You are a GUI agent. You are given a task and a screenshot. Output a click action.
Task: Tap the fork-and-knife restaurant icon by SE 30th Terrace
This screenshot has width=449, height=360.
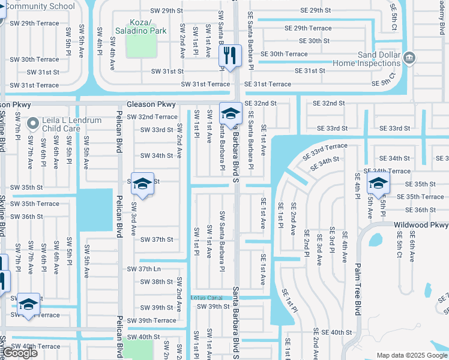click(229, 56)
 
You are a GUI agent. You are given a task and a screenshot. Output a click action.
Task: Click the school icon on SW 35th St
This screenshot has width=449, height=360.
click(142, 184)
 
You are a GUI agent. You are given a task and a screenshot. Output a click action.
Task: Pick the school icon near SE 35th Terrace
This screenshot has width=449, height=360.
click(378, 184)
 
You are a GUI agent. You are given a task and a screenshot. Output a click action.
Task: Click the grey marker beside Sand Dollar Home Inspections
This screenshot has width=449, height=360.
click(409, 58)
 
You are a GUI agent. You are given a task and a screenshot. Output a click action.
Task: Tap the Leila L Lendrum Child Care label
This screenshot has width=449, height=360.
click(69, 124)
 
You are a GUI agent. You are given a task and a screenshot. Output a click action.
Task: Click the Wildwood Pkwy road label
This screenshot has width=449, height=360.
click(421, 225)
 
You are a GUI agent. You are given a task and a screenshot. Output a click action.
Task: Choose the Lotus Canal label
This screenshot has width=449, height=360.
click(206, 298)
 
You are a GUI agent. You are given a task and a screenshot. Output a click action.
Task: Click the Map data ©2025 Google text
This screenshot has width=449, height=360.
click(411, 355)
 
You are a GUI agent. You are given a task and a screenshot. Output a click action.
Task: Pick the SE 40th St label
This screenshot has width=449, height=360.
click(336, 332)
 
